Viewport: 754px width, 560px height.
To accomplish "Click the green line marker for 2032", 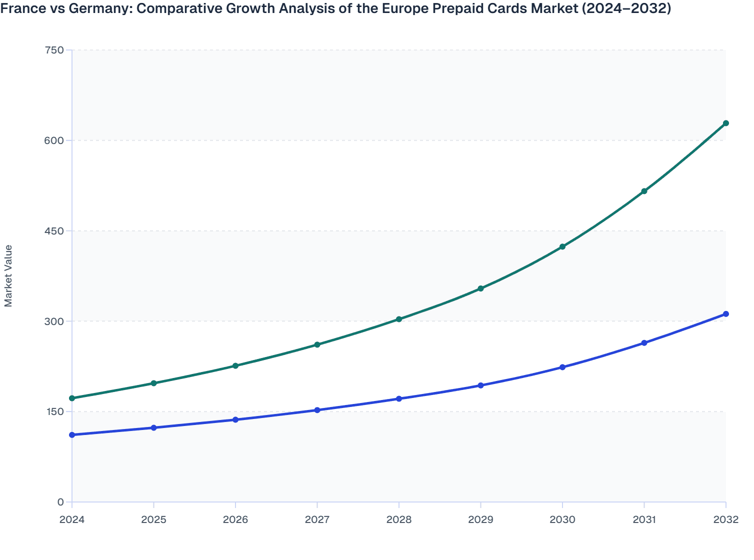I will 725,123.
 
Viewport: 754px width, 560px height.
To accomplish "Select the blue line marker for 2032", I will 725,314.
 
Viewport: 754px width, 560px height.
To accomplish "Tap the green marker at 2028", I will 399,319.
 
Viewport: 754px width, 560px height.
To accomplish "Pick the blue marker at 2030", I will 562,367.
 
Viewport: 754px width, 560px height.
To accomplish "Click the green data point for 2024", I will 72,398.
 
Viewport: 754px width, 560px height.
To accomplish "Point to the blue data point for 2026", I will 235,419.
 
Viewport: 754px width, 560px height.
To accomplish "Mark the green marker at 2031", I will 644,191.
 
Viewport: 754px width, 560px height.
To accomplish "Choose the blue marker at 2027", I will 317,410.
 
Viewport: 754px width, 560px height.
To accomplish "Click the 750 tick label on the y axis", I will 54,50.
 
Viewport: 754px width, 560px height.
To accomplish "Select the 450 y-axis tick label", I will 54,230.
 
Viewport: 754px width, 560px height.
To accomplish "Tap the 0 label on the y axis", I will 60,502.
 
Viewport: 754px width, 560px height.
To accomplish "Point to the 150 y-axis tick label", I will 54,411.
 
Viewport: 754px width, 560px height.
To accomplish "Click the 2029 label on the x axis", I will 480,519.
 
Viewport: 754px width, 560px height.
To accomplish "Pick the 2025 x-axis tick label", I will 153,519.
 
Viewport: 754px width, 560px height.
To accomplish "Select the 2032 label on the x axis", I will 725,519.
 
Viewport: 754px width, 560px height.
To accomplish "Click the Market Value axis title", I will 8,275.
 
